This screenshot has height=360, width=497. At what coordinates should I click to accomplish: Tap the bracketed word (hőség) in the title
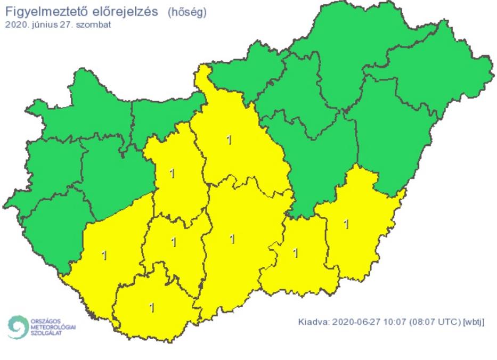click(187, 12)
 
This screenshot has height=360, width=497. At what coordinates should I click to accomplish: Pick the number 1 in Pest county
click(230, 140)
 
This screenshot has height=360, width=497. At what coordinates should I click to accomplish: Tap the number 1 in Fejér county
click(172, 173)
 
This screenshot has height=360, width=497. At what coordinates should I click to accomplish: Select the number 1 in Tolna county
click(174, 242)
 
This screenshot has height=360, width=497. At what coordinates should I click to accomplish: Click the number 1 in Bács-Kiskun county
click(232, 239)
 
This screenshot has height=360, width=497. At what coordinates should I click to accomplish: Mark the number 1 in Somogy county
click(104, 256)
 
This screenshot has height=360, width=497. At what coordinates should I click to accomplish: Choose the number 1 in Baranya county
click(152, 307)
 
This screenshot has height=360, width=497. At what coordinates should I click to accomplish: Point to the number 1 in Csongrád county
click(296, 252)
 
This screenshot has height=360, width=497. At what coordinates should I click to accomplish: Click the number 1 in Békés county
click(347, 224)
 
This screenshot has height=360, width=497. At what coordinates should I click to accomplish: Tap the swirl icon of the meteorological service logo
click(18, 326)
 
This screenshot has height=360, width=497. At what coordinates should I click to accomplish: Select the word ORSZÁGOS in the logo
click(45, 322)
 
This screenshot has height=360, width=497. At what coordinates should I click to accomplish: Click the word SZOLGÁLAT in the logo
click(46, 333)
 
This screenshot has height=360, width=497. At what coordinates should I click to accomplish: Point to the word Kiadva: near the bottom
click(314, 322)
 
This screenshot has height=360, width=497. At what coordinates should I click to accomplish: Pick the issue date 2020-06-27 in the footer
click(356, 322)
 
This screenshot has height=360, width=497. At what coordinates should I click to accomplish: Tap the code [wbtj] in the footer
click(474, 322)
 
